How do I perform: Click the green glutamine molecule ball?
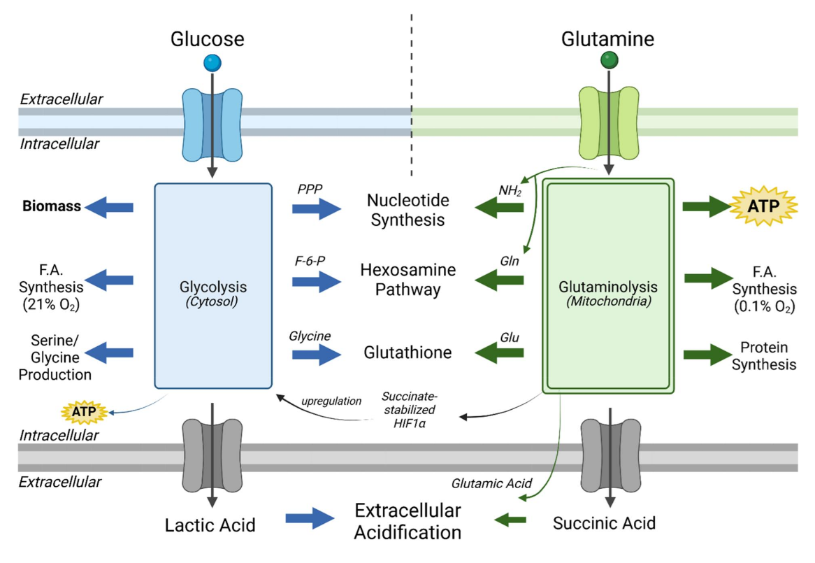point(610,61)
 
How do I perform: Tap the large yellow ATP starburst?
point(763,206)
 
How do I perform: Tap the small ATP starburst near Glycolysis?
point(83,412)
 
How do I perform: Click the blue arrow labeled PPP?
point(317,208)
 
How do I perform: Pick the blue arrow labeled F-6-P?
point(317,280)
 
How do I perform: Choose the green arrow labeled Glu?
point(499,355)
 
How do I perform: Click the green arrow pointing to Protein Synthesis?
point(707,355)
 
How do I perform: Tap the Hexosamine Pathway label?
point(407,280)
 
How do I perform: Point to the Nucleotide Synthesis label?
point(407,210)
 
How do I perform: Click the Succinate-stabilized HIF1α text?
point(410,409)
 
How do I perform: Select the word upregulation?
point(331,401)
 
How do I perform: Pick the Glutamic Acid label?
point(491,483)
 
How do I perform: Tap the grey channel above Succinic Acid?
point(610,454)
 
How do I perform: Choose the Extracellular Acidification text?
point(407,520)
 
